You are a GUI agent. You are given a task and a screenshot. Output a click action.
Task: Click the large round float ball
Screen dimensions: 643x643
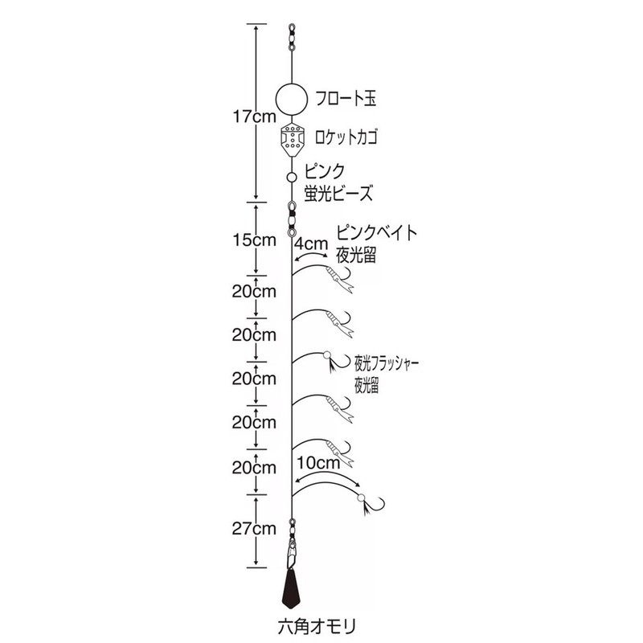292,99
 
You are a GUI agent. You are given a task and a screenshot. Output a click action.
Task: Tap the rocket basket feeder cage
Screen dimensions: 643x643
292,139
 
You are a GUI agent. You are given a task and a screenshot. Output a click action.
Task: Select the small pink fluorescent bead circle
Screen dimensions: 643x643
292,177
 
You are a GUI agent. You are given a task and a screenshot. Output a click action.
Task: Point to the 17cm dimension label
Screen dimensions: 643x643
254,117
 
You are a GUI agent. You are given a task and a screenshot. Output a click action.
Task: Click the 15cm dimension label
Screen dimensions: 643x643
254,240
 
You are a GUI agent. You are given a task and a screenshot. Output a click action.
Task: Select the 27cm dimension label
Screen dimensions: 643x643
254,529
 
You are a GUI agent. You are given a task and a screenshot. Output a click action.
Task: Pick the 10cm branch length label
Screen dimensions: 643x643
318,463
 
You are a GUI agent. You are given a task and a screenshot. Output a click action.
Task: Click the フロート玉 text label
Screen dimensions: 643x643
346,99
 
